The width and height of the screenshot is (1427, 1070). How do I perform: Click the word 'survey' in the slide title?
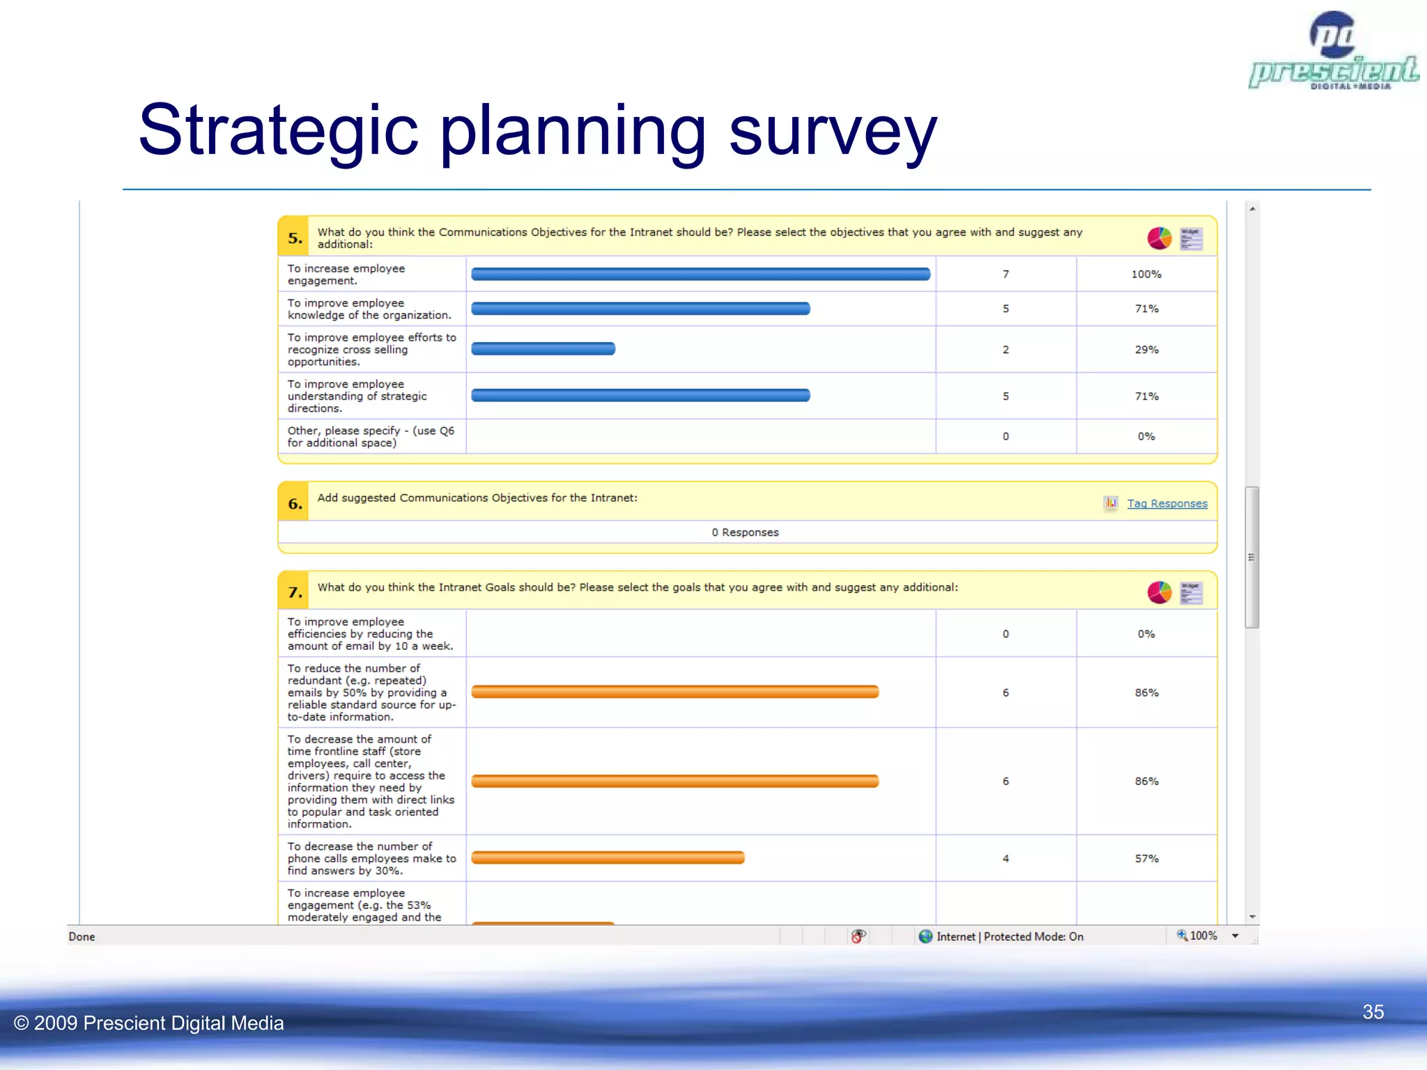point(833,131)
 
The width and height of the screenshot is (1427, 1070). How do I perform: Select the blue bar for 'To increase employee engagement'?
point(700,274)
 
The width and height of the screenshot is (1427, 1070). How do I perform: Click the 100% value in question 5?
point(1146,274)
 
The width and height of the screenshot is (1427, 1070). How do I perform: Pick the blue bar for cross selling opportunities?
point(543,349)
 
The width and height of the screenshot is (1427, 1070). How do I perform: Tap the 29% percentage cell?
point(1146,350)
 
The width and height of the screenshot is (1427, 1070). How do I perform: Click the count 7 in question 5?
point(1005,274)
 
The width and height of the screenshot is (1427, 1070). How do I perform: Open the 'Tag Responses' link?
point(1167,504)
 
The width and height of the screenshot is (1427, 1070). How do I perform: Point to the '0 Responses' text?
point(745,532)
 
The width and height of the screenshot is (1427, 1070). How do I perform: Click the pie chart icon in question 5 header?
point(1159,238)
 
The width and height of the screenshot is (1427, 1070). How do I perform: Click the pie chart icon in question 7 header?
point(1159,593)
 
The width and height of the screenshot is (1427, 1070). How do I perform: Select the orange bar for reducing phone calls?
point(608,858)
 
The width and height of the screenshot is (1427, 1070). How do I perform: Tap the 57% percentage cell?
point(1146,859)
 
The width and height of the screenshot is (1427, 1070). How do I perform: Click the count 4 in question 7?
point(1005,859)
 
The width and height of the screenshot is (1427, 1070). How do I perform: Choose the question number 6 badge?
point(295,504)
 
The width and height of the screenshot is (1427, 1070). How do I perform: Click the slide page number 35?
point(1373,1012)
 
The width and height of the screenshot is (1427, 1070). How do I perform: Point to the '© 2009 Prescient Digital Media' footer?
point(149,1023)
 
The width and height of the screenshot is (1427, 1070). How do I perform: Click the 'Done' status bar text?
point(82,937)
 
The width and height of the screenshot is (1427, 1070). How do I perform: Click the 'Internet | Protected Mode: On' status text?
point(1009,937)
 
